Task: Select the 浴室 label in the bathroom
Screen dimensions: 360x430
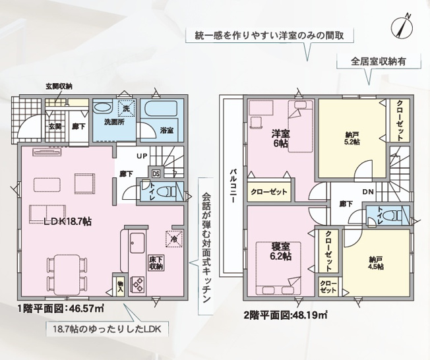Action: pos(167,131)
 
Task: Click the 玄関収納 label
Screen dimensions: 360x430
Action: pos(59,86)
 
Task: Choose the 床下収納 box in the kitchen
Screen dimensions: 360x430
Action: pos(156,263)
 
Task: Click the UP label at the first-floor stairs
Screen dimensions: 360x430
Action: pos(142,157)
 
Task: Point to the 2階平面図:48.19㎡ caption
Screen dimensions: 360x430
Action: pos(286,315)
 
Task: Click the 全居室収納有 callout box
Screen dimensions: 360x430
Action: pos(369,61)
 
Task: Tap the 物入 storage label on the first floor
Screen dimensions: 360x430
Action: pos(120,284)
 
